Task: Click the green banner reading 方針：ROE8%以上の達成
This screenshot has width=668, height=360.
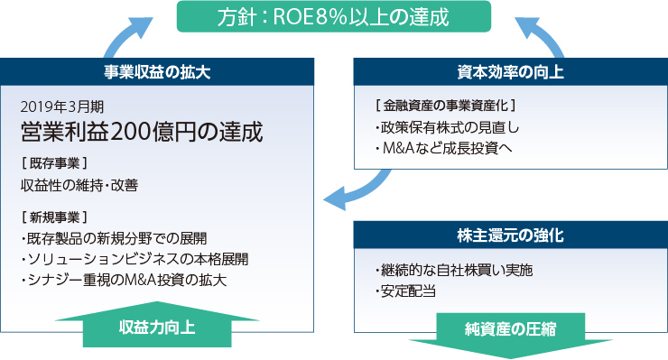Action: [x=333, y=16]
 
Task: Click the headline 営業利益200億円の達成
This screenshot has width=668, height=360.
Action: [x=142, y=132]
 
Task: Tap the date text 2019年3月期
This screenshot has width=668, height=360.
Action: [x=60, y=106]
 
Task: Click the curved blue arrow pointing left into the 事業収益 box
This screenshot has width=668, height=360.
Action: [x=357, y=188]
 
